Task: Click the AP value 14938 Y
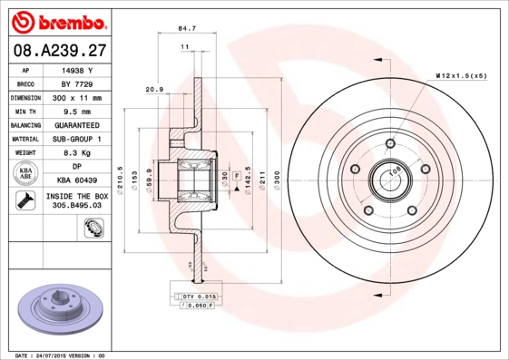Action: click(76, 69)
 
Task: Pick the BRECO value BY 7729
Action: click(76, 83)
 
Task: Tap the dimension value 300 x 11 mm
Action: click(76, 97)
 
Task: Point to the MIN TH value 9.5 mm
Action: click(76, 111)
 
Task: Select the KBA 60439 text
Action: click(76, 180)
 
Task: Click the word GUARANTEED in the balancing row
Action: click(76, 124)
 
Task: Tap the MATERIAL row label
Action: click(24, 139)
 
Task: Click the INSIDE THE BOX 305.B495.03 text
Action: click(76, 201)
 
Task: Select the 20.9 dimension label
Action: click(153, 89)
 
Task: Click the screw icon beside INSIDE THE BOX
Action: click(24, 201)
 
